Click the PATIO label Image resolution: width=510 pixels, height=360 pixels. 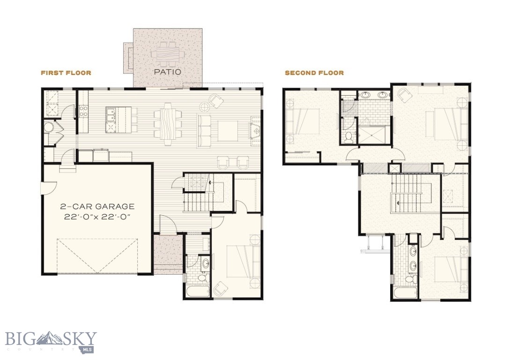[168, 72]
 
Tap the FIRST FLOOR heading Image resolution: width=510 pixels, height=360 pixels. [66, 73]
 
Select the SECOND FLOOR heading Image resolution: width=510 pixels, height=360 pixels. [314, 73]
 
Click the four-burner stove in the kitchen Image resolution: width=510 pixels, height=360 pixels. [84, 111]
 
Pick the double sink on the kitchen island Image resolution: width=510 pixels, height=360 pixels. [111, 113]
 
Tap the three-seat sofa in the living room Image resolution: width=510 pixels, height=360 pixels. [204, 127]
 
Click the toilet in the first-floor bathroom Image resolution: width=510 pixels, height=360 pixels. [203, 278]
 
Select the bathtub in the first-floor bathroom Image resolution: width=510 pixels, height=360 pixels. [196, 292]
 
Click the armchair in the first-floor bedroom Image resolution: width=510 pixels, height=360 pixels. [220, 289]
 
